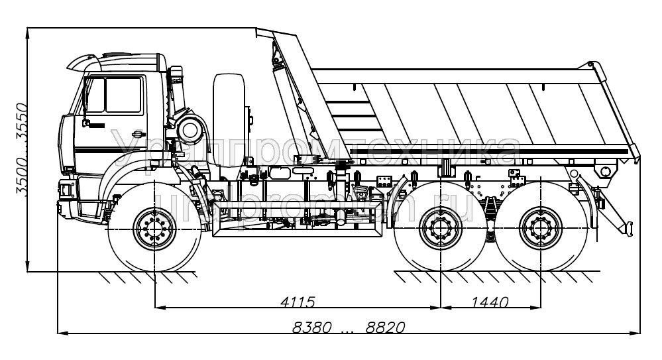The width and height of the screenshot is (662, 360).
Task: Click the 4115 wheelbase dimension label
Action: pyautogui.click(x=297, y=302)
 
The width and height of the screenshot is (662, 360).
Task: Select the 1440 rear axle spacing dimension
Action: pyautogui.click(x=490, y=302)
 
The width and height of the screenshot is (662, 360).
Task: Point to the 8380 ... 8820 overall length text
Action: pyautogui.click(x=349, y=327)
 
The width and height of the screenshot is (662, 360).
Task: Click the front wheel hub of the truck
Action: pyautogui.click(x=154, y=229)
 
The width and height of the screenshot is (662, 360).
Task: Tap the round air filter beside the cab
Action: pyautogui.click(x=191, y=129)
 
